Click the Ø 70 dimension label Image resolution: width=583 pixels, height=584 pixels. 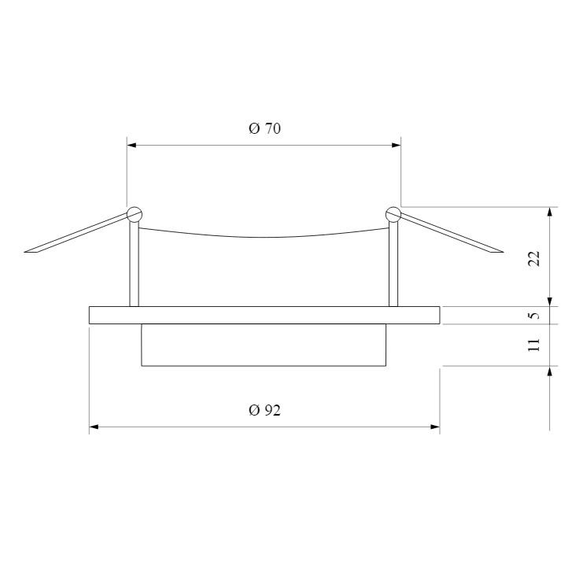[x=264, y=128]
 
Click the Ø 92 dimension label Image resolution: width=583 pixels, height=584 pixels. [x=264, y=410]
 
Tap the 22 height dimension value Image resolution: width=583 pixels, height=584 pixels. [x=534, y=258]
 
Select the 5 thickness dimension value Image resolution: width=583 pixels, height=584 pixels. [x=534, y=316]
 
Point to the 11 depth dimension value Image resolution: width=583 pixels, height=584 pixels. [x=534, y=345]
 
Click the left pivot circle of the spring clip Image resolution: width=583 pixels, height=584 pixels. [x=135, y=214]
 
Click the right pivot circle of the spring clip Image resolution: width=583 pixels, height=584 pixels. [x=393, y=214]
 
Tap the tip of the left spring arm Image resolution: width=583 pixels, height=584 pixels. [x=25, y=252]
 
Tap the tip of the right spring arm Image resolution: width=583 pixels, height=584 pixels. [x=502, y=252]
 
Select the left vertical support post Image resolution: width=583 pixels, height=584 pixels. [x=134, y=264]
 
